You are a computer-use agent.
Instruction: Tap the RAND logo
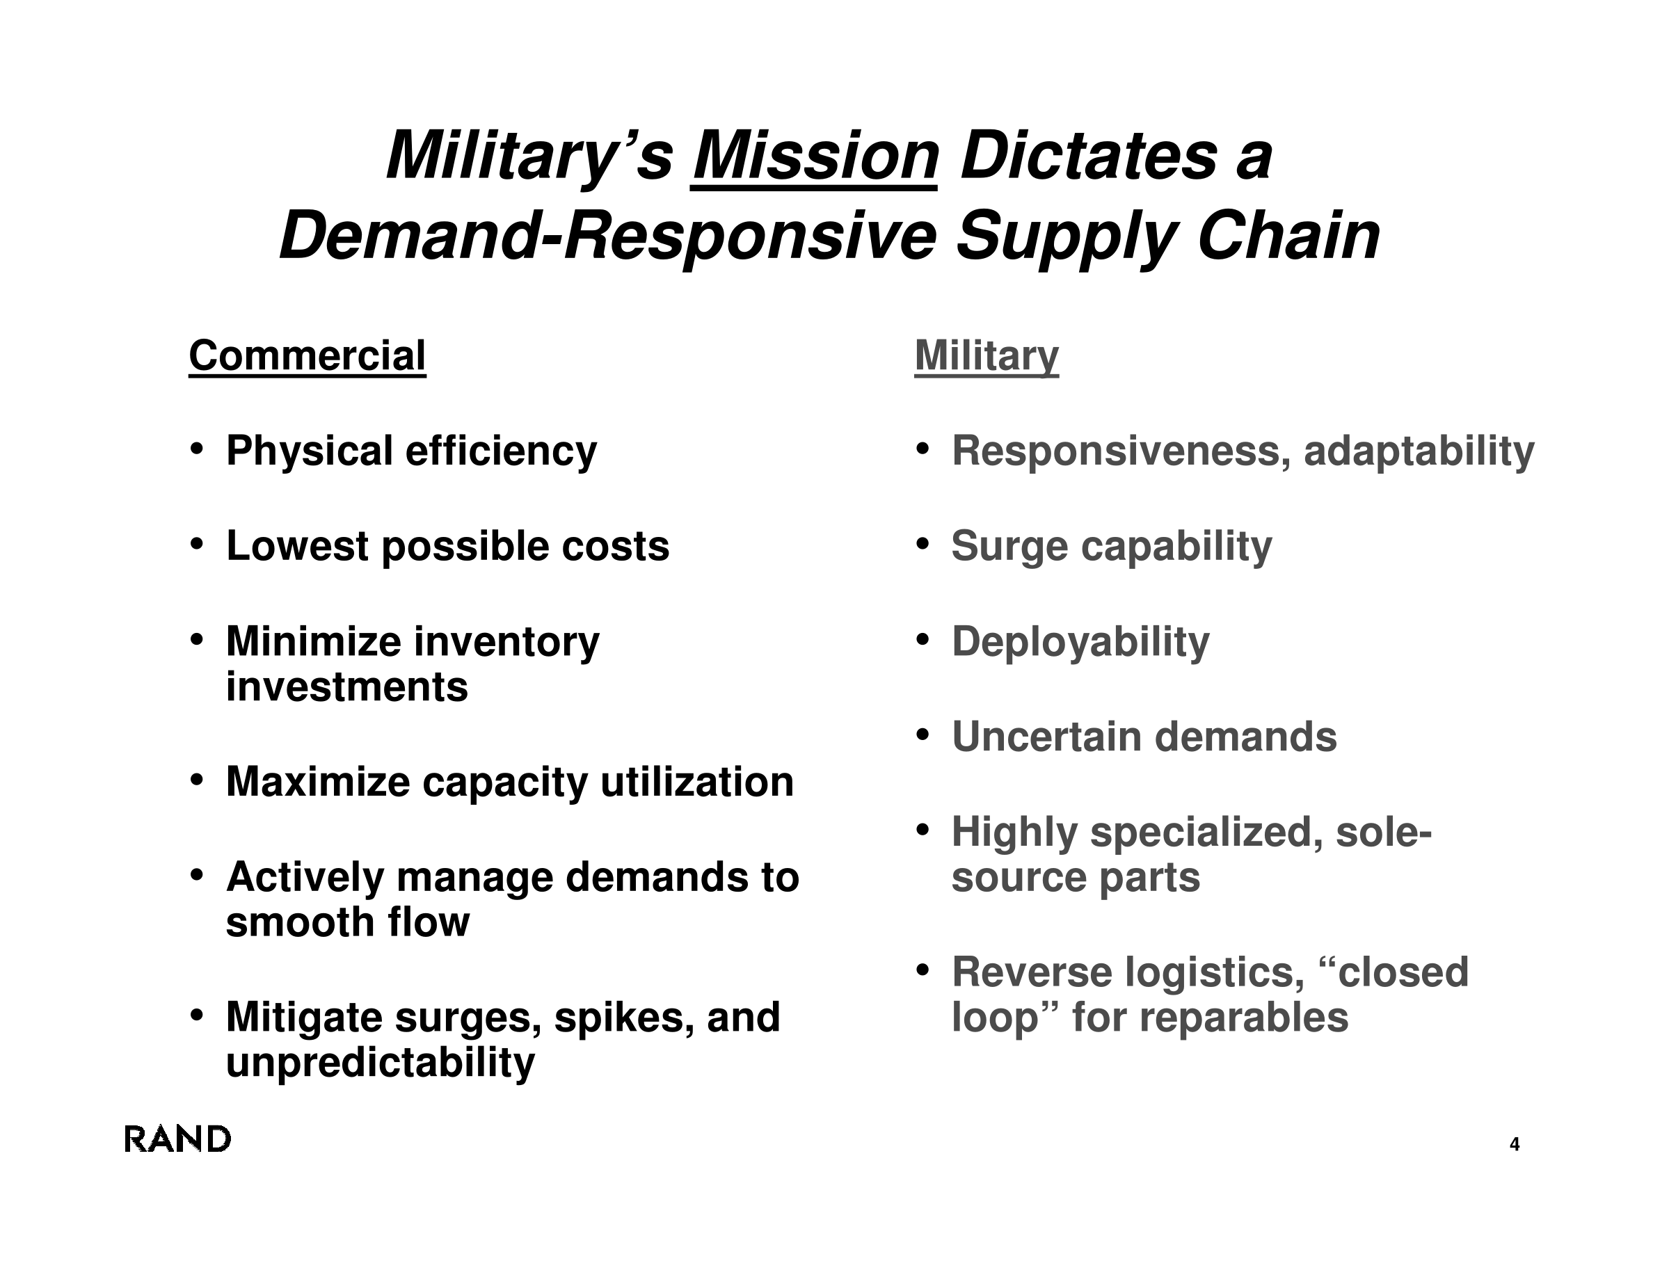click(x=177, y=1139)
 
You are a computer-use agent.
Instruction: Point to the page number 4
click(x=1515, y=1144)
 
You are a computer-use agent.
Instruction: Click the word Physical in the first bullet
click(x=310, y=451)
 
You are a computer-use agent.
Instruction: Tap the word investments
click(x=346, y=687)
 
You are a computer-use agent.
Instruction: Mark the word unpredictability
click(x=381, y=1063)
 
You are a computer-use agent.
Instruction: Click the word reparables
click(x=1243, y=1018)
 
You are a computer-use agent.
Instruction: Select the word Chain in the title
click(x=1288, y=236)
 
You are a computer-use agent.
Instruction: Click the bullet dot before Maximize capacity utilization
click(x=197, y=778)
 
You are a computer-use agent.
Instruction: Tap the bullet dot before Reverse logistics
click(x=922, y=969)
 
